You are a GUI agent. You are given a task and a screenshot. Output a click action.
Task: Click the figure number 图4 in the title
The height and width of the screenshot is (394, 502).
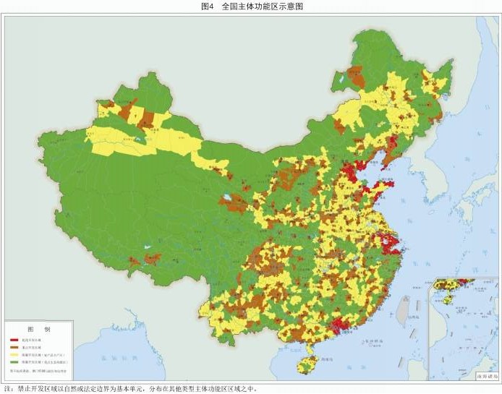(x=208, y=6)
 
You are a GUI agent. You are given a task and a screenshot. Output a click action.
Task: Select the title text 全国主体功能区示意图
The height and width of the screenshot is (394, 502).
(x=262, y=6)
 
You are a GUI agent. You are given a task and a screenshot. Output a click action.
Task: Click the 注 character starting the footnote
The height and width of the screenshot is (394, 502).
(x=7, y=388)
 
